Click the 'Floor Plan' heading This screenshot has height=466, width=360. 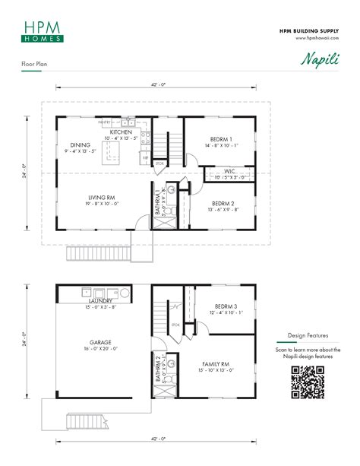pos(35,66)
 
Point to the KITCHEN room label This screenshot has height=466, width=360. pos(121,132)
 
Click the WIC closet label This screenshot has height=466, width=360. pos(229,172)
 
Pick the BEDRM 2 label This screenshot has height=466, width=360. pos(222,204)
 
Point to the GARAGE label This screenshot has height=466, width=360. pos(100,343)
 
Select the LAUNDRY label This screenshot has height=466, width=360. pos(101,301)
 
